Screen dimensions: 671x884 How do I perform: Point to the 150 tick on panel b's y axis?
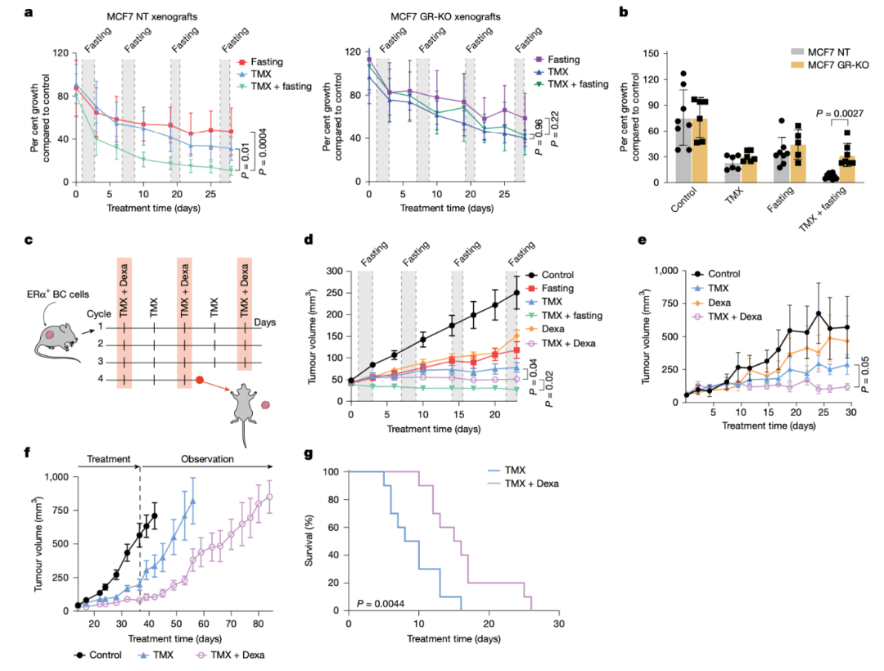coord(652,54)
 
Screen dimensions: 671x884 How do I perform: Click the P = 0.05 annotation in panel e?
coord(864,378)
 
